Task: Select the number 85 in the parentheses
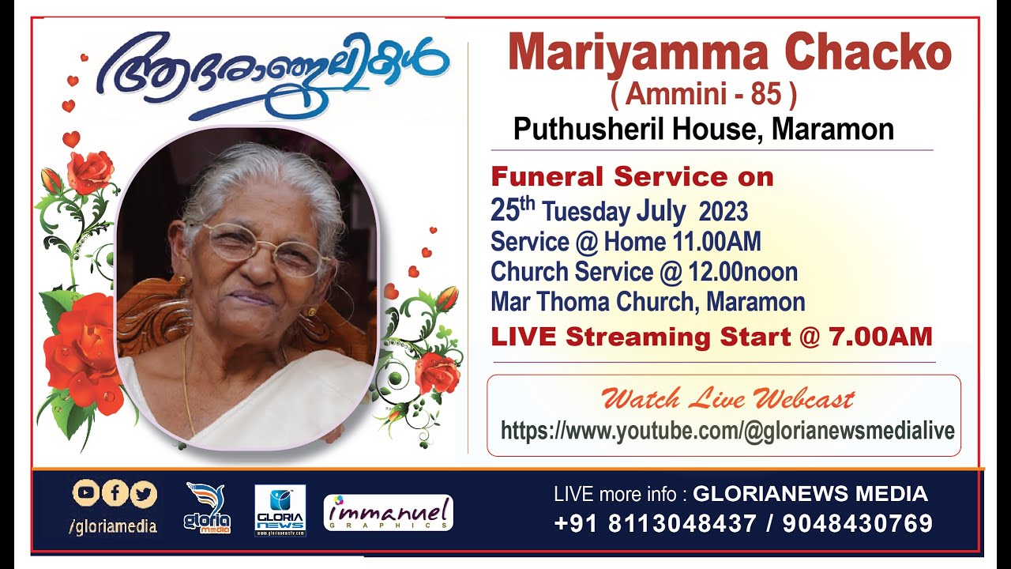(x=765, y=96)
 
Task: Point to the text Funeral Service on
(x=632, y=177)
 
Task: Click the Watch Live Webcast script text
(x=727, y=399)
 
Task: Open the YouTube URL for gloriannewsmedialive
(x=727, y=431)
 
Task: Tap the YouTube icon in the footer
(x=86, y=494)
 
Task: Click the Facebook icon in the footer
(x=115, y=494)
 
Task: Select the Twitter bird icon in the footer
(x=143, y=494)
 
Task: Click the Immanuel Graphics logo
(x=388, y=512)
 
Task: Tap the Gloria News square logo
(x=280, y=511)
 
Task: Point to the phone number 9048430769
(x=859, y=523)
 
